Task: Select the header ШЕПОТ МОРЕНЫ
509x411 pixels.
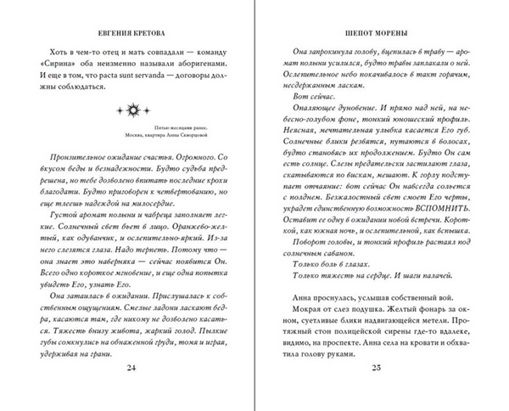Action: pos(379,33)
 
